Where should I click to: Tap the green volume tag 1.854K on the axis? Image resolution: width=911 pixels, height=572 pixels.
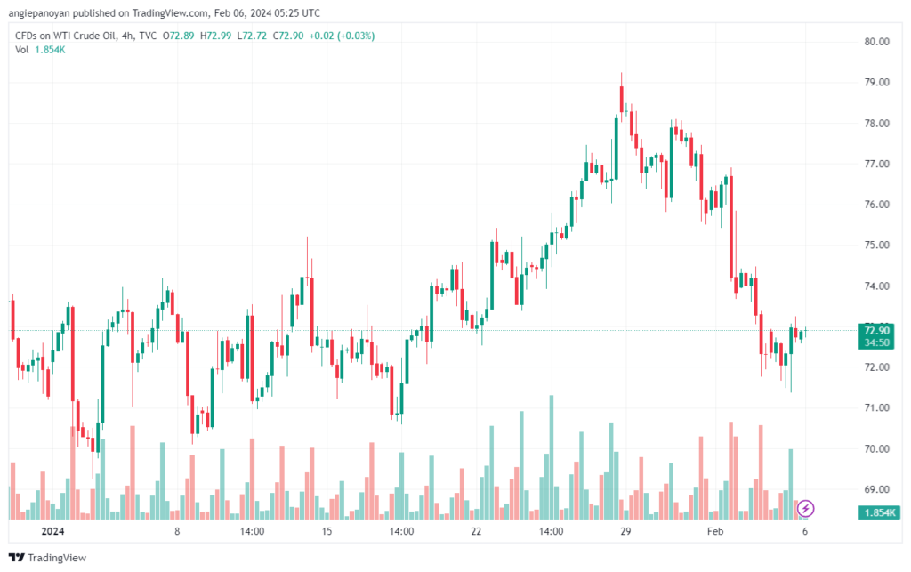878,513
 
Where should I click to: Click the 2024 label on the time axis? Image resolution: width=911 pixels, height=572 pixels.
52,532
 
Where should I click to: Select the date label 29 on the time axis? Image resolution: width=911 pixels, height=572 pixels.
625,532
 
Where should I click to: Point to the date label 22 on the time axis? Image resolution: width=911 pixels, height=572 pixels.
476,532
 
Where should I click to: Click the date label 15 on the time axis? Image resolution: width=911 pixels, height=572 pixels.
327,532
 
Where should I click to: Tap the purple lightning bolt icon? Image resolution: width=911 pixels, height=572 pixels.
805,508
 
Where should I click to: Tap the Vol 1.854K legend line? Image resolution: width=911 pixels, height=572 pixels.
40,50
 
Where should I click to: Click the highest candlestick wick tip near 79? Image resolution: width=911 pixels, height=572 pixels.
621,74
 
